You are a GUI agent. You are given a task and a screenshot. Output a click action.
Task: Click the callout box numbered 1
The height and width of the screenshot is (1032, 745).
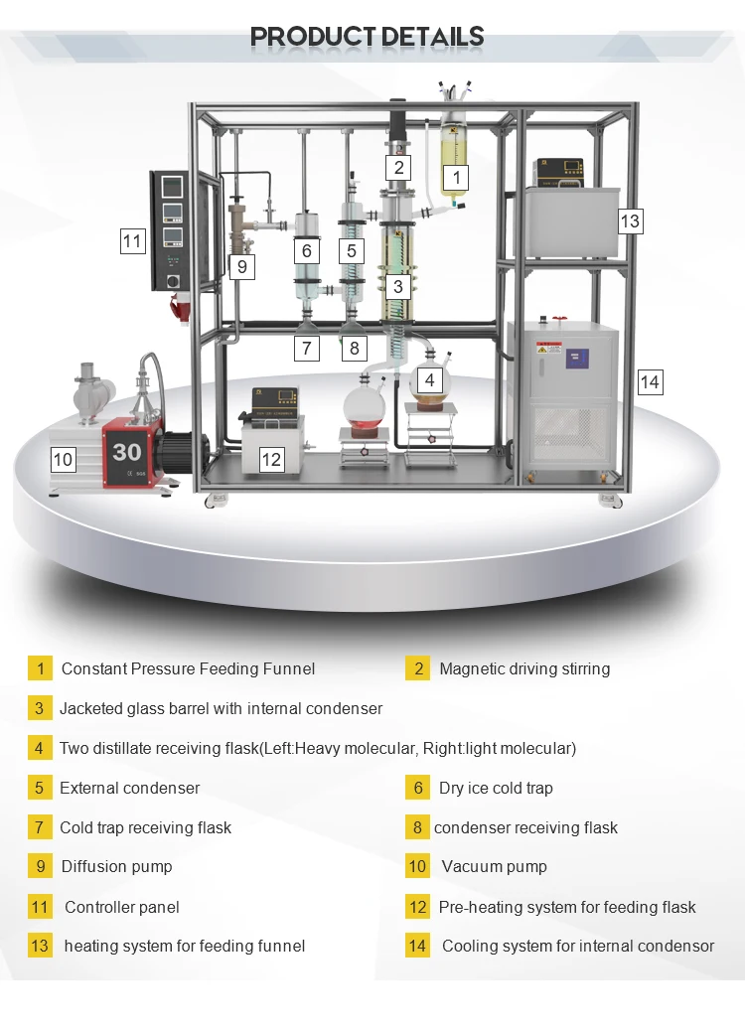pyautogui.click(x=455, y=178)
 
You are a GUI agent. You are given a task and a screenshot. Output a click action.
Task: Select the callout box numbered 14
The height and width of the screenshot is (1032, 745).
pyautogui.click(x=650, y=381)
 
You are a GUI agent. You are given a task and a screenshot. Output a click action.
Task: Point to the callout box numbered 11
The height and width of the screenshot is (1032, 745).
pyautogui.click(x=133, y=240)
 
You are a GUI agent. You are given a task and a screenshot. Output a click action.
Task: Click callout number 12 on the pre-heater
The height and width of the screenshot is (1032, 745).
pyautogui.click(x=270, y=459)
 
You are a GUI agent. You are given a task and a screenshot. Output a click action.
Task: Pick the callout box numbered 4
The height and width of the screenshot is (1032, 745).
pyautogui.click(x=429, y=379)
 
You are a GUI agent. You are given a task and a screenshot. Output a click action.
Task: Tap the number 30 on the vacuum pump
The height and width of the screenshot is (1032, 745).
pyautogui.click(x=127, y=452)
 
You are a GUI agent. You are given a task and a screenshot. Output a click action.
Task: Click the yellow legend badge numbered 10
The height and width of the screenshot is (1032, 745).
pyautogui.click(x=417, y=867)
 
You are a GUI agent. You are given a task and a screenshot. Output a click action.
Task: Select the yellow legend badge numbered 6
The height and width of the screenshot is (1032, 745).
pyautogui.click(x=417, y=788)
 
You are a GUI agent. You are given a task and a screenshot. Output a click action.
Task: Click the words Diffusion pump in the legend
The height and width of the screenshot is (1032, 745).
pyautogui.click(x=116, y=867)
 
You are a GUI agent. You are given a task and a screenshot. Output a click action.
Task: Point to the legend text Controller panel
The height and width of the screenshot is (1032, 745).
pyautogui.click(x=122, y=907)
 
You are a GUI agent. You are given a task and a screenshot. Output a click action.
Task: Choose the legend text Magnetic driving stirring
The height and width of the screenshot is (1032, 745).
pyautogui.click(x=524, y=668)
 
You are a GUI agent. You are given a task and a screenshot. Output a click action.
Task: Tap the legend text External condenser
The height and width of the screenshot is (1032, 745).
pyautogui.click(x=129, y=788)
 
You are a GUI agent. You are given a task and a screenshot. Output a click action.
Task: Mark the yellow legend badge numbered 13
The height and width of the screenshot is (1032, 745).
pyautogui.click(x=40, y=947)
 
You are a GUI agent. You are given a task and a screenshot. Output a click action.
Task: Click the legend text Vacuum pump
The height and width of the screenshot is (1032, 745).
pyautogui.click(x=494, y=867)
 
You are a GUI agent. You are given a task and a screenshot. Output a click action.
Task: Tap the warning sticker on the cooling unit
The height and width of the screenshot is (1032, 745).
pyautogui.click(x=549, y=351)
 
